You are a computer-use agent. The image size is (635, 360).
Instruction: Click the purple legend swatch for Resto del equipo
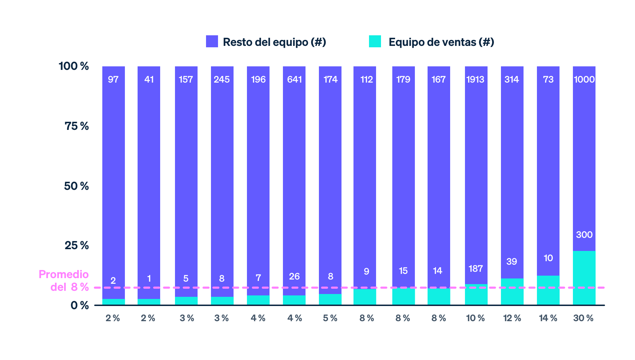(x=212, y=41)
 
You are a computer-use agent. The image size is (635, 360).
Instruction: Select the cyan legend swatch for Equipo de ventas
(x=375, y=41)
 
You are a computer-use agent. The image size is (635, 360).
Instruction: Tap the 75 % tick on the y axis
(x=77, y=126)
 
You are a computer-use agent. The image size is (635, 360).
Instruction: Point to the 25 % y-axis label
(x=77, y=245)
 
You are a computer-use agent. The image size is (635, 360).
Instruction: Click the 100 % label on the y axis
(x=74, y=66)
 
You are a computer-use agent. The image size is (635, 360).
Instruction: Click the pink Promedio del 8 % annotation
(x=64, y=281)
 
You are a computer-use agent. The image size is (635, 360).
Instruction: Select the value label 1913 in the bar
(x=476, y=79)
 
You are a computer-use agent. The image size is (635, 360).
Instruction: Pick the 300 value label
(x=584, y=235)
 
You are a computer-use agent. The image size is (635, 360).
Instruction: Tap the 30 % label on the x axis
(x=583, y=318)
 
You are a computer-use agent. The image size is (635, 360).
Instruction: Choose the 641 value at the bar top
(x=294, y=79)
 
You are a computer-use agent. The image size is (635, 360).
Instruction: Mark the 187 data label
(x=476, y=269)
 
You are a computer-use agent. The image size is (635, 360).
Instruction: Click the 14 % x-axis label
(x=548, y=318)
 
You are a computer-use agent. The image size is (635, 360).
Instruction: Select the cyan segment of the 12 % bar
(x=512, y=292)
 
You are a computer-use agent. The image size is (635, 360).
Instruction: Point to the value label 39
(x=512, y=262)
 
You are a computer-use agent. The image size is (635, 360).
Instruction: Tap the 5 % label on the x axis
(x=330, y=318)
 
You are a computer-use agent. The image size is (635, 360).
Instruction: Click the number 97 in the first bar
(x=113, y=79)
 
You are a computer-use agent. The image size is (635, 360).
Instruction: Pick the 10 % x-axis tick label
(x=476, y=318)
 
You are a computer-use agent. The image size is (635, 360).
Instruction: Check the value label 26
(x=294, y=276)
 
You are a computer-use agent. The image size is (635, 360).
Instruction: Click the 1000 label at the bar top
(x=584, y=79)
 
